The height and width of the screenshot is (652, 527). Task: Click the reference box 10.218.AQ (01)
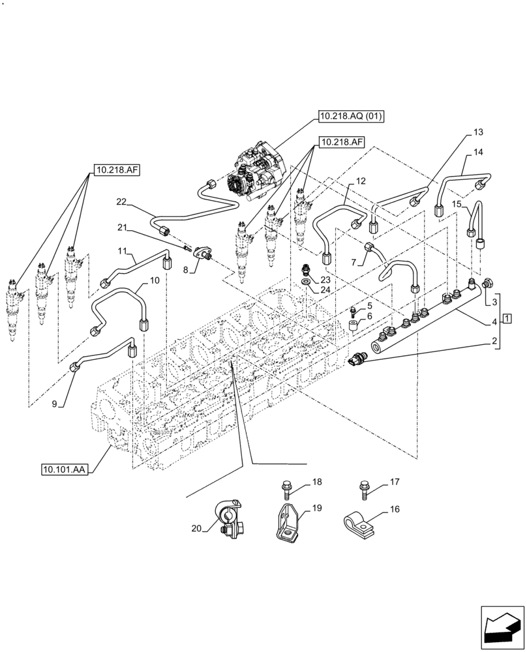point(351,117)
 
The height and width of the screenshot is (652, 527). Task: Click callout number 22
point(121,203)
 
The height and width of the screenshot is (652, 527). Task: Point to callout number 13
point(478,132)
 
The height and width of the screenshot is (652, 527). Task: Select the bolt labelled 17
point(365,488)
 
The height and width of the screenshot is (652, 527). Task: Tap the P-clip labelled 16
point(359,522)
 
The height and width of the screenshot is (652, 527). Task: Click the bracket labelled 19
point(286,522)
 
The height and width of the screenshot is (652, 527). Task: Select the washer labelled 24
point(306,281)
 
